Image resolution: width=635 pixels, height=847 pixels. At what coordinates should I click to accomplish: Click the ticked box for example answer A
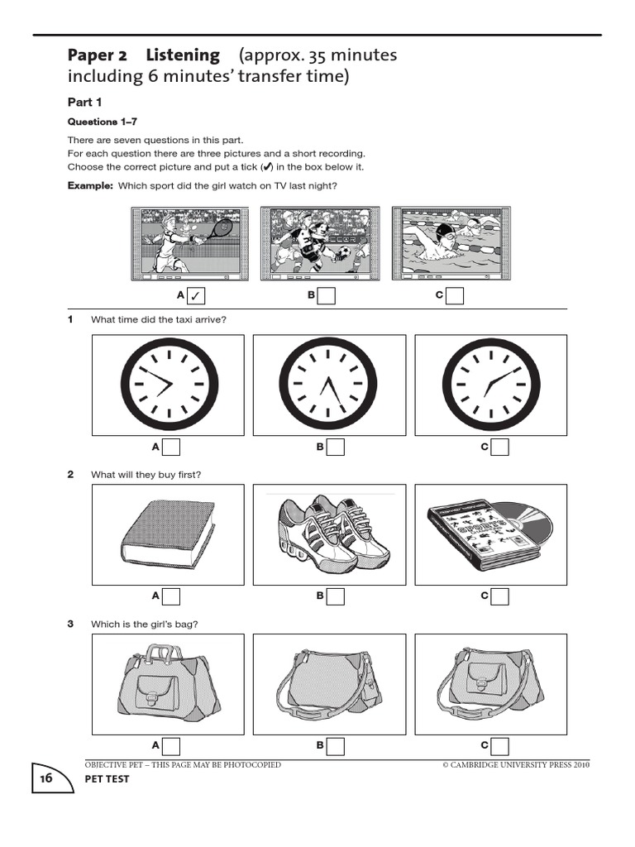click(196, 296)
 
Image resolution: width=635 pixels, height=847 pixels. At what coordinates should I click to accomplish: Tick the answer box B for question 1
click(335, 447)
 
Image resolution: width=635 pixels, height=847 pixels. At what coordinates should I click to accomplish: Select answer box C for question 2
click(499, 596)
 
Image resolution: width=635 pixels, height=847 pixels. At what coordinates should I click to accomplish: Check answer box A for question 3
click(171, 746)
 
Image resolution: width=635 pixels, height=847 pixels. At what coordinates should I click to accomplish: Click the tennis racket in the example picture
click(217, 227)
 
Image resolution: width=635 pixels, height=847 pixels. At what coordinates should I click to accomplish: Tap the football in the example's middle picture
click(343, 251)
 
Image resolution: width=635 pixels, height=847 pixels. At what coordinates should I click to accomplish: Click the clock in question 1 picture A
click(169, 386)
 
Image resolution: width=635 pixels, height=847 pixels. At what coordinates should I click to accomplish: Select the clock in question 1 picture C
click(491, 386)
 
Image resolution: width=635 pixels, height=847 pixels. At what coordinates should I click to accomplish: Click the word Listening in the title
click(183, 56)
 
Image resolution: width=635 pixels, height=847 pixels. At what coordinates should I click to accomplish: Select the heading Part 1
click(84, 102)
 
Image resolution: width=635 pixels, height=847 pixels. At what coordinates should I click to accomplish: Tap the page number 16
click(45, 778)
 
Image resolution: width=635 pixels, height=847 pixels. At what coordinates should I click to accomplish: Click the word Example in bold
click(89, 186)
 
